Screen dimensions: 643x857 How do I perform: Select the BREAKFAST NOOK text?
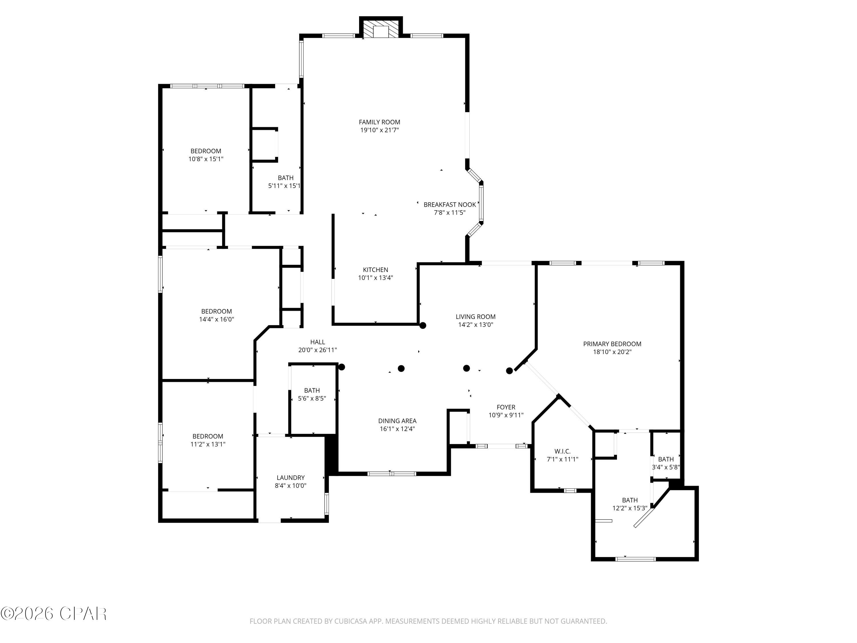coord(449,205)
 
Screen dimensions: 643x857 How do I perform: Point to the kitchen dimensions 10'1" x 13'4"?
coord(375,278)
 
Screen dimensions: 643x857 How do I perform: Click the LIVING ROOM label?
coord(475,317)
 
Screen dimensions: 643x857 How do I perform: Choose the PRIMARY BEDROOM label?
coord(612,344)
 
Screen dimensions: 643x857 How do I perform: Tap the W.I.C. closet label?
coord(562,451)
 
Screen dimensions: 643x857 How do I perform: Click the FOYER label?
coord(506,407)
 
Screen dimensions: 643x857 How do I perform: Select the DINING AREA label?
coord(397,421)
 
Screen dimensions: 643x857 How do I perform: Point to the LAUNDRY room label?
coord(290,478)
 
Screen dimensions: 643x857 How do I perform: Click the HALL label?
coord(317,342)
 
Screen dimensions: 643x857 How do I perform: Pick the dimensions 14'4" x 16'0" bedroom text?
coord(216,319)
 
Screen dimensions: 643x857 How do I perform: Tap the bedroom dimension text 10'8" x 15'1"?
coord(206,159)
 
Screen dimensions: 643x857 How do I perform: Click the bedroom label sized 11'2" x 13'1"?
coord(208,436)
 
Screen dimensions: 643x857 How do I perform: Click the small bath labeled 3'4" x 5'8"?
coord(666,459)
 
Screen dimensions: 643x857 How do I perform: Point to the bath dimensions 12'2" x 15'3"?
coord(630,508)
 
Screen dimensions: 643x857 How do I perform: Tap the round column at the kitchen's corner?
coord(423,325)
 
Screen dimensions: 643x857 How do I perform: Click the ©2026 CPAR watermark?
coord(53,613)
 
